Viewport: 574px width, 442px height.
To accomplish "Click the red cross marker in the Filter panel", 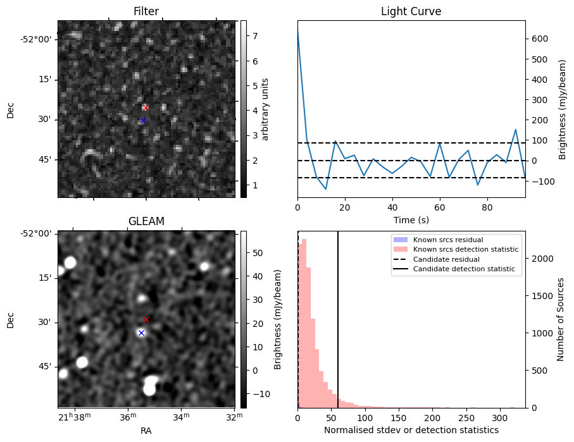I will click(146, 107).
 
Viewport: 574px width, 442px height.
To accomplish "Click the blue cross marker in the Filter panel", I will click(143, 120).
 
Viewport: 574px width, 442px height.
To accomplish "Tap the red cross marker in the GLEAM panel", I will click(146, 320).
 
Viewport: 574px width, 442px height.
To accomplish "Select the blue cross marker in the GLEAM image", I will click(141, 333).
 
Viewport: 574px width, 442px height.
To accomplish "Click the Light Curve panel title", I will click(411, 12).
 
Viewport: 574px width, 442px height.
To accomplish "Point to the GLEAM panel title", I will click(146, 221).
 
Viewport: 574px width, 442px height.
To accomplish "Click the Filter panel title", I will click(146, 12).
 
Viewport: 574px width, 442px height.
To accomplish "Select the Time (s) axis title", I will click(411, 219).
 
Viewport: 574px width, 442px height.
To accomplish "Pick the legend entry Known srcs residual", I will click(448, 240).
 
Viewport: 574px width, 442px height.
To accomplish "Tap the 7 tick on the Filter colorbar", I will click(254, 36).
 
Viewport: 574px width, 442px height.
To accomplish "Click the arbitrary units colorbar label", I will click(266, 109).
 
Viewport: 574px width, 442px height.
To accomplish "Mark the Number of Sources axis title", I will click(561, 319).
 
